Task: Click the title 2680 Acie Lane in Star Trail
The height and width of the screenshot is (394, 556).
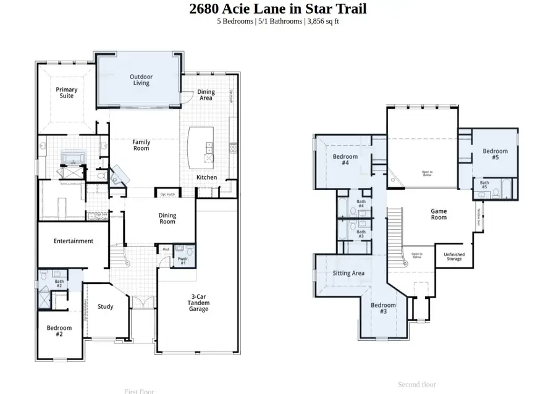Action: (277, 9)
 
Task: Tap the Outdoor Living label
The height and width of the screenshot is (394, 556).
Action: (141, 80)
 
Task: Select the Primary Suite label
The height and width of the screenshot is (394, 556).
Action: (67, 93)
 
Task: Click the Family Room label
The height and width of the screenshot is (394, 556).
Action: (141, 145)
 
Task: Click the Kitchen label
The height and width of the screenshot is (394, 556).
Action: (206, 177)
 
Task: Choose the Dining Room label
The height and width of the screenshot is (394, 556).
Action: (167, 219)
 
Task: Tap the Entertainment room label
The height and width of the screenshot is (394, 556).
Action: (73, 241)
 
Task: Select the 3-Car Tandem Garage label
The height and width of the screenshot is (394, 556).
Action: (198, 303)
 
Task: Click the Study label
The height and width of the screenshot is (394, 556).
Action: (105, 306)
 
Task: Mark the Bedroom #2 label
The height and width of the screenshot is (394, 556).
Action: (59, 331)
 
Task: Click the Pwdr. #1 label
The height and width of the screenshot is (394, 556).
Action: (183, 261)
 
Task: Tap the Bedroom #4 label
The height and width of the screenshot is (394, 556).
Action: (345, 160)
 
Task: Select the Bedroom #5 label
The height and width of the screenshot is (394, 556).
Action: (495, 154)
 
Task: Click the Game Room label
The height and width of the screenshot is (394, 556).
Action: (439, 214)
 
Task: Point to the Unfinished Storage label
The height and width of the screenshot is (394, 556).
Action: (455, 256)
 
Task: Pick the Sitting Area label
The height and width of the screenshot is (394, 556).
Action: (348, 273)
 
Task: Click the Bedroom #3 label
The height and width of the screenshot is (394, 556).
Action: (383, 308)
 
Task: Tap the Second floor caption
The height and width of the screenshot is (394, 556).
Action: (417, 384)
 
